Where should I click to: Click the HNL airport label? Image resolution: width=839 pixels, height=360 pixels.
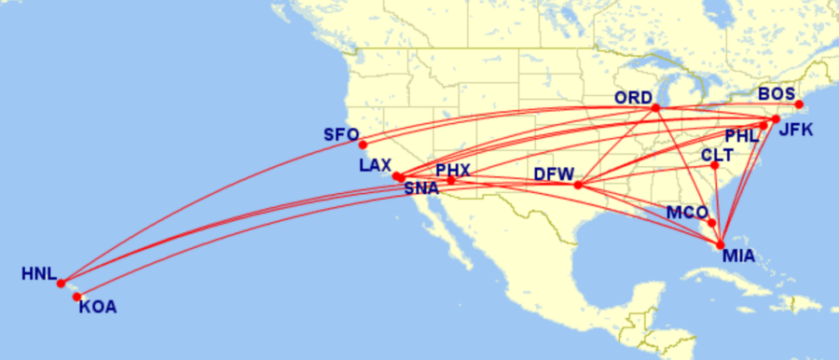pos(38,274)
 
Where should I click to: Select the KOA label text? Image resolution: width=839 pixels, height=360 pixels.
pos(98,306)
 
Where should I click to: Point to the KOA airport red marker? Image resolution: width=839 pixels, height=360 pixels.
pos(77,298)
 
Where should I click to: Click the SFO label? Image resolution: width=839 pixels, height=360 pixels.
pos(340,134)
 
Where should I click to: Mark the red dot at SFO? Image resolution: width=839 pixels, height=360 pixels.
pos(363,144)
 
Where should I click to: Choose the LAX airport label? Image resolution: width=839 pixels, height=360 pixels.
pos(376,166)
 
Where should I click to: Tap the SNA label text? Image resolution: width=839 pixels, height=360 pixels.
pos(422,188)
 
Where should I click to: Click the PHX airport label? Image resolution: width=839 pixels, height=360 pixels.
pos(453,171)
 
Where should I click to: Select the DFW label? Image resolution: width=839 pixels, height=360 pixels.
pos(553,174)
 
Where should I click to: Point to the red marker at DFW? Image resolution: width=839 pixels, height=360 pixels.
pos(578,185)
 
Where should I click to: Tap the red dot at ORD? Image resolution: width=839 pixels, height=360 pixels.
pos(655,107)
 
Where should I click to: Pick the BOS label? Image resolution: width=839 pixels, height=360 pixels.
pos(777,94)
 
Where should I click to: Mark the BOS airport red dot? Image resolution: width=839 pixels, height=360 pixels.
pos(799,104)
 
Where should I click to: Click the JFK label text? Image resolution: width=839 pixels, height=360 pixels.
pos(796,130)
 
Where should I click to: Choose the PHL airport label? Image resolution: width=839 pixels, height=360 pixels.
pos(743,136)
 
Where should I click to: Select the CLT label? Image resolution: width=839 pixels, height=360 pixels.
pos(717,154)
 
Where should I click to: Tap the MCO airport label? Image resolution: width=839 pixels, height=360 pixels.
pos(686,213)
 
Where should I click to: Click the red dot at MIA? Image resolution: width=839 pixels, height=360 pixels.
pos(721,244)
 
